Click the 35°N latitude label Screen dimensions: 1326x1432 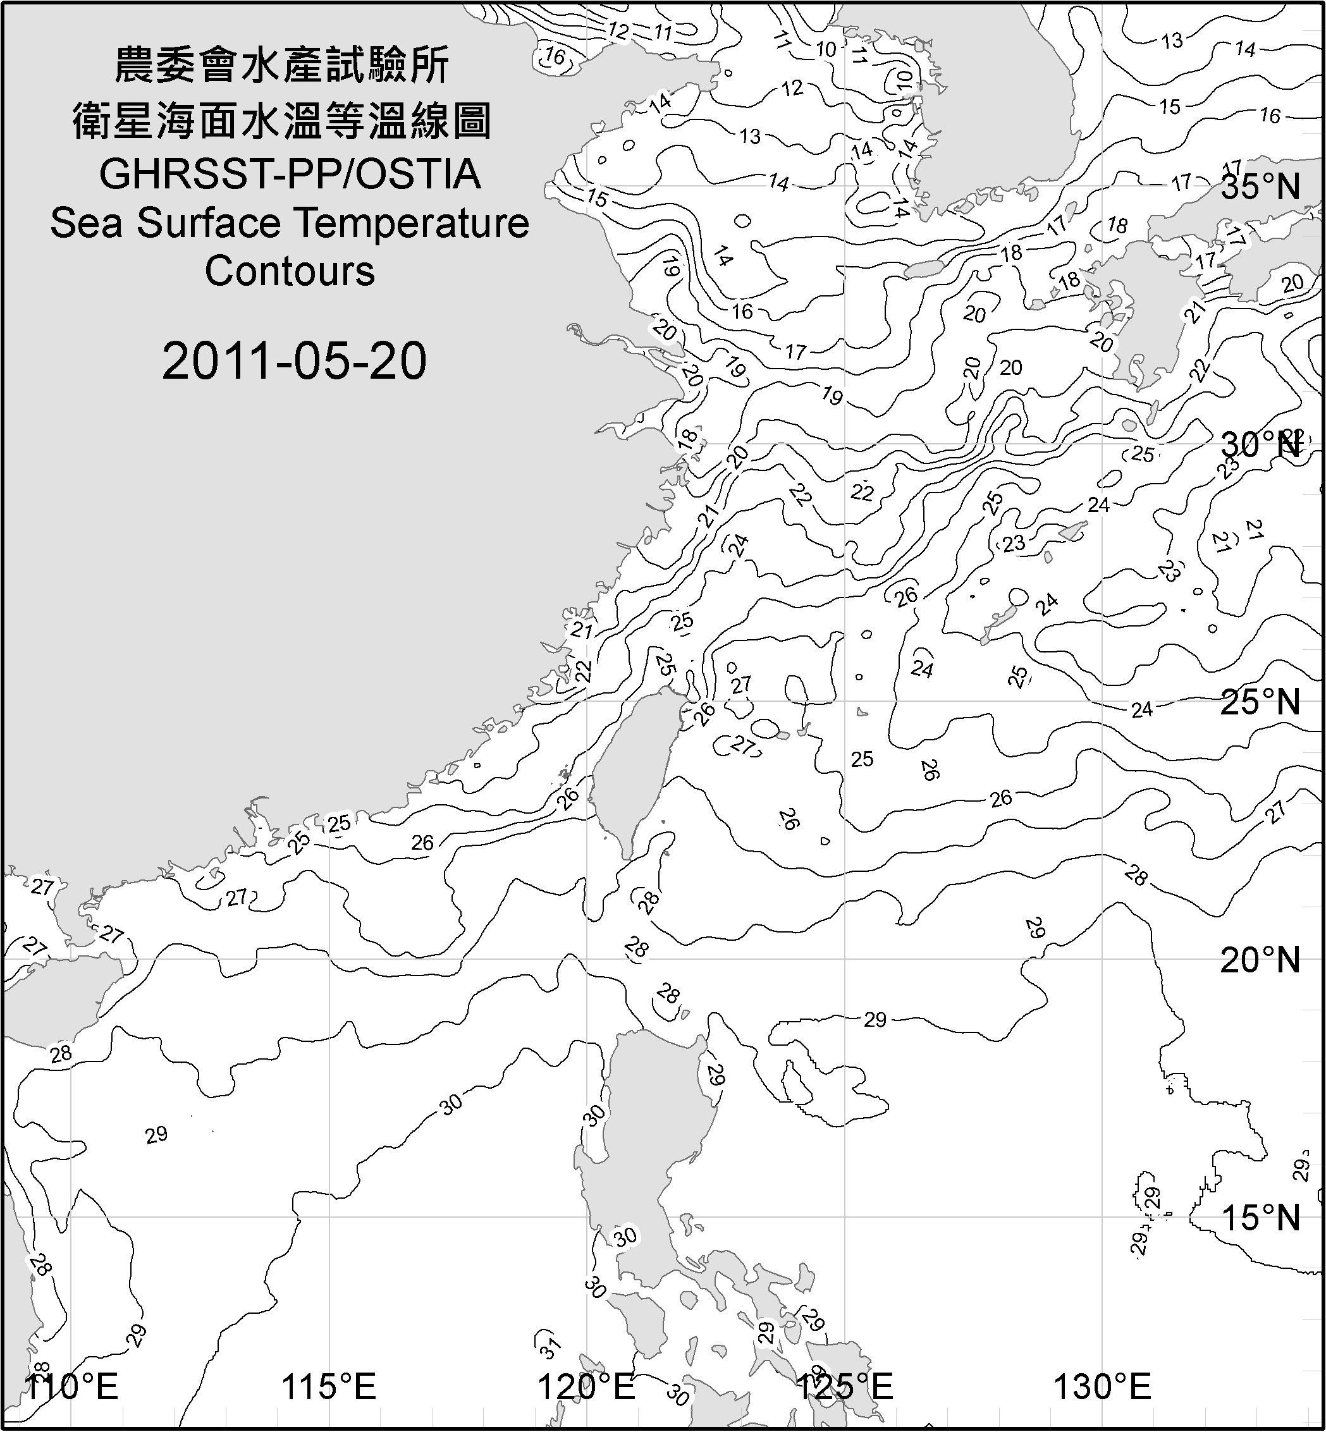click(1261, 187)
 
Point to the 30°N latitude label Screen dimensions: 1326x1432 click(1261, 445)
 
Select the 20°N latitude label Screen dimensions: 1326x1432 click(1261, 960)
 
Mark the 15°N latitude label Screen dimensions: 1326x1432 click(1261, 1218)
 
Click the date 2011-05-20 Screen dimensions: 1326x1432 click(294, 361)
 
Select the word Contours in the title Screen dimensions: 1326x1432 click(290, 271)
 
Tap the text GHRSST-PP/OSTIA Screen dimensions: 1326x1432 click(290, 174)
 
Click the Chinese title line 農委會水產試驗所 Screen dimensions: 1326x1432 click(283, 66)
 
